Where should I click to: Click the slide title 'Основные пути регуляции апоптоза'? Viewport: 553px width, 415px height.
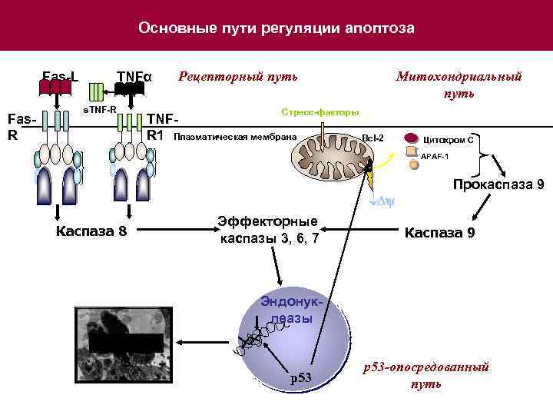pos(276,28)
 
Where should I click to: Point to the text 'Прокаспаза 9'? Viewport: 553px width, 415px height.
pos(498,184)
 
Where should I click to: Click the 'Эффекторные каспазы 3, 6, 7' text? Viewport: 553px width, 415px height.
pos(269,230)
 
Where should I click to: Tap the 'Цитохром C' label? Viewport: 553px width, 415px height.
pos(449,139)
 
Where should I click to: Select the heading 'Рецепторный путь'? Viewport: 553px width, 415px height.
pos(238,77)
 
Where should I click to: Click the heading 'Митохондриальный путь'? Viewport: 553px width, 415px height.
pos(459,85)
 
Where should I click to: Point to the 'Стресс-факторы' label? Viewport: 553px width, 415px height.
pos(320,113)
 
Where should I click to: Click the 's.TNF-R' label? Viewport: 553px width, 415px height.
pos(100,110)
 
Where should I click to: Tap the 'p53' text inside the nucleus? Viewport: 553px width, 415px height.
pos(300,377)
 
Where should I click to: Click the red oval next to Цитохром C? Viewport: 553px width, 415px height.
pos(411,138)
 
